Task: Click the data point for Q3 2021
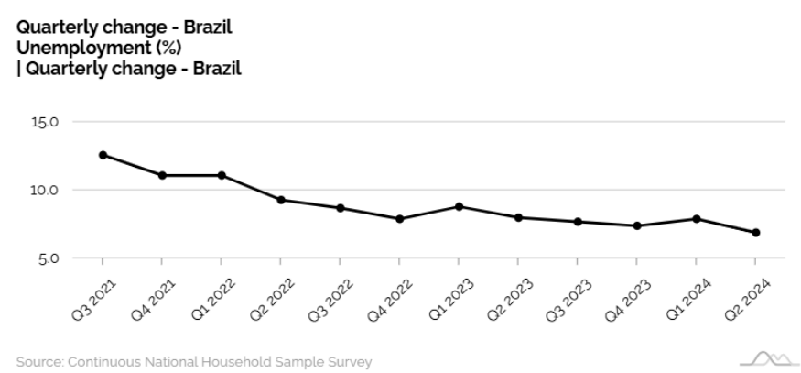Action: (x=103, y=155)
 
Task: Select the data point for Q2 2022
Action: (x=281, y=200)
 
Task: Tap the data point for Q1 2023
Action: (x=459, y=206)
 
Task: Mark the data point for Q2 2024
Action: (x=755, y=233)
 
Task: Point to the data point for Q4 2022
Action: (x=399, y=219)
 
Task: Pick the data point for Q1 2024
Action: (x=696, y=219)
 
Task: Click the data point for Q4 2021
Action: (x=162, y=175)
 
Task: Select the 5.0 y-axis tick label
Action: (x=49, y=259)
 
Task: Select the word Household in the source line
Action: (x=234, y=362)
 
